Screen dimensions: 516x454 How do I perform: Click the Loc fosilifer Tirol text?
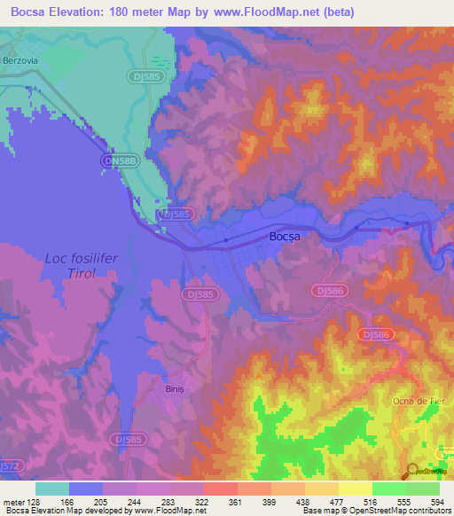[82, 266]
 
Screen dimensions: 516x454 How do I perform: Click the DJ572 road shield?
[9, 465]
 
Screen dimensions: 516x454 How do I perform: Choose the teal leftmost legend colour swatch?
[51, 489]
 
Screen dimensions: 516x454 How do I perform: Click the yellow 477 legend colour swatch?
[322, 489]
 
